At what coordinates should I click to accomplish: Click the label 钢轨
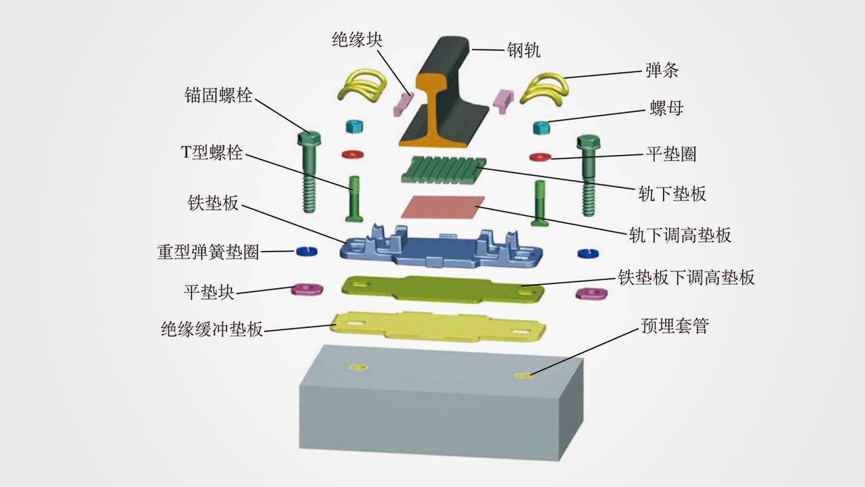point(524,50)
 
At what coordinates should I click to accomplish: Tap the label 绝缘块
point(357,40)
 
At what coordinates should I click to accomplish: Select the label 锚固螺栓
point(218,95)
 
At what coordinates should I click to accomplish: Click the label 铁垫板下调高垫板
point(687,277)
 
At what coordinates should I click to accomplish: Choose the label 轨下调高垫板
point(680,235)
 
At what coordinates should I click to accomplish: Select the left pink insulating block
point(403,101)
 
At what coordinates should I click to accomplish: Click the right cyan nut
point(541,126)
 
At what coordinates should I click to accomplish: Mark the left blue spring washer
point(307,251)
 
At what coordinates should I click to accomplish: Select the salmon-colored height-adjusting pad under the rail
point(443,206)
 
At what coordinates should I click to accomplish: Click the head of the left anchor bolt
point(309,138)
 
